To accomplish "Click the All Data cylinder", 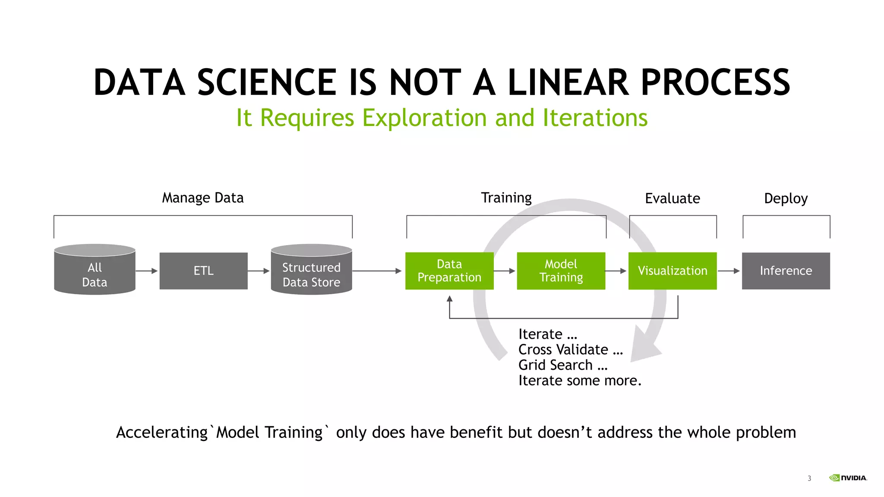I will pos(95,271).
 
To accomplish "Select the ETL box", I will pos(203,271).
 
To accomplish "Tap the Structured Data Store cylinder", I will pos(311,271).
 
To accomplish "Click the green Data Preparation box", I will pos(449,271).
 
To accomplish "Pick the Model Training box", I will pos(561,271).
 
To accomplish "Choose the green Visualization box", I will pos(672,271).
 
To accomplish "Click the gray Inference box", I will pos(786,271).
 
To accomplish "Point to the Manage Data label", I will pos(202,198).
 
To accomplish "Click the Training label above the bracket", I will pos(506,198).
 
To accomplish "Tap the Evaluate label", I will pos(672,199).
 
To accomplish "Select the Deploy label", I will pos(786,199).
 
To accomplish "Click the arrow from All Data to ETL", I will pos(147,271).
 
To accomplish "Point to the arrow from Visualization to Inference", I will pos(729,271).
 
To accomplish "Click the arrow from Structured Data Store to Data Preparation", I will pos(377,271).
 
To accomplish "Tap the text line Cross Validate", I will pos(570,350).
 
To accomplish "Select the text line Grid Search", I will pos(562,365).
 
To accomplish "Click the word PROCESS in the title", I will pos(715,83).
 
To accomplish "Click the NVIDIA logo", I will pos(848,478).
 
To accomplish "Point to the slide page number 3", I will pos(809,478).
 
